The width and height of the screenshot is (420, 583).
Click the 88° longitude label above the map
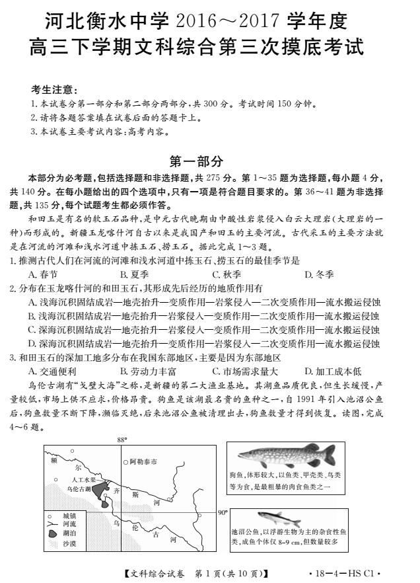[121, 439]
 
